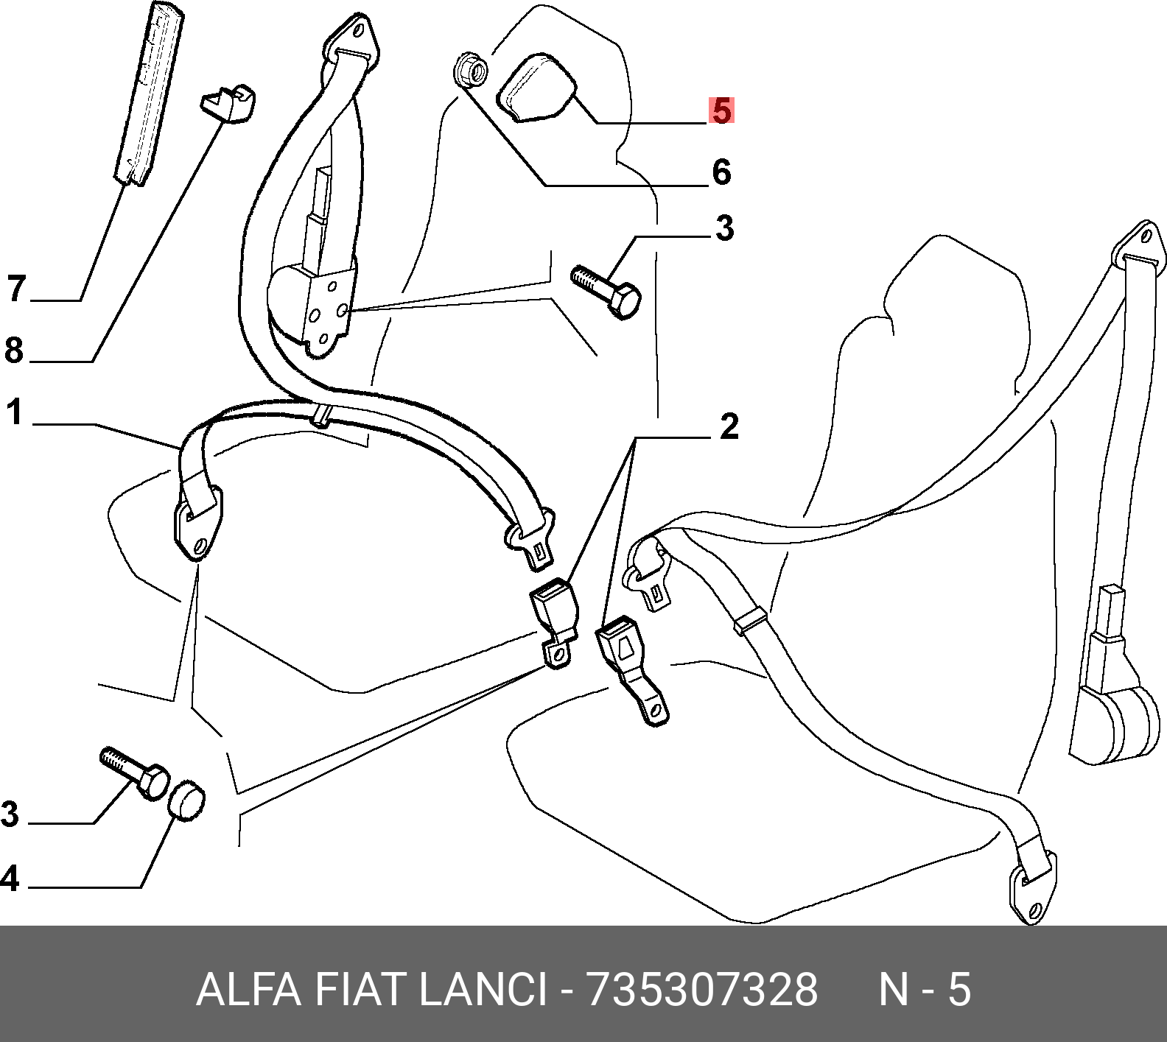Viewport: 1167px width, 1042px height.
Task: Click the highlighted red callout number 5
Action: click(x=721, y=111)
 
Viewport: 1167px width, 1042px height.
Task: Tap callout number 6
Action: click(x=721, y=172)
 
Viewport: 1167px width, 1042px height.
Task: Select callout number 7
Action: click(x=16, y=288)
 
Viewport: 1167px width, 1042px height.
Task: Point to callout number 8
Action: click(x=14, y=350)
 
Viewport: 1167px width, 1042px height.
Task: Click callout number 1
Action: click(x=15, y=412)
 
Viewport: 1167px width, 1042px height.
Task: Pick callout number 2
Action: click(x=728, y=426)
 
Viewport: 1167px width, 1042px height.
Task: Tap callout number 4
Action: click(x=10, y=879)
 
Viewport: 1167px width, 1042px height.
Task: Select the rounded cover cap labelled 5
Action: click(x=536, y=86)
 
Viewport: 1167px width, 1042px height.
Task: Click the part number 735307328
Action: click(x=701, y=989)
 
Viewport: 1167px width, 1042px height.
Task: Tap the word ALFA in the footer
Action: click(x=248, y=989)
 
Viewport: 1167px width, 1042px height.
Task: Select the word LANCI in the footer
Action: click(x=482, y=989)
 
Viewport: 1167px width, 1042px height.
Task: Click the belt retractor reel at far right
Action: click(x=1117, y=722)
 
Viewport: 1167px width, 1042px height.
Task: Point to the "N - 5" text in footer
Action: click(x=925, y=989)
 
